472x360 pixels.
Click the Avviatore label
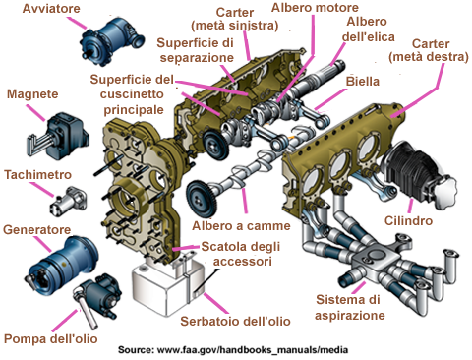tap(51, 8)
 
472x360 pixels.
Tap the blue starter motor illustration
tap(111, 41)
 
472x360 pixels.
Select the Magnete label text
tap(32, 94)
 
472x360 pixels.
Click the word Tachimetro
tap(37, 175)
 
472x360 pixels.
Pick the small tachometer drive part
tap(69, 202)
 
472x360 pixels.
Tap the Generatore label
tap(36, 230)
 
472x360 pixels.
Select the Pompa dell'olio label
tap(51, 339)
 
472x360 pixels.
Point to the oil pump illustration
tap(98, 295)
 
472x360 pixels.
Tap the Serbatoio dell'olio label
tap(235, 322)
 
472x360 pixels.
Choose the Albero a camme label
tap(241, 226)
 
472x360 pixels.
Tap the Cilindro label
tap(408, 220)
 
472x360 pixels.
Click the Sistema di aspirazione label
tap(349, 307)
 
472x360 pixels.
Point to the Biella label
tap(363, 82)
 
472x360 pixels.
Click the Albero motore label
tap(315, 8)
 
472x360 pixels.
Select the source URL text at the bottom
tap(233, 350)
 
